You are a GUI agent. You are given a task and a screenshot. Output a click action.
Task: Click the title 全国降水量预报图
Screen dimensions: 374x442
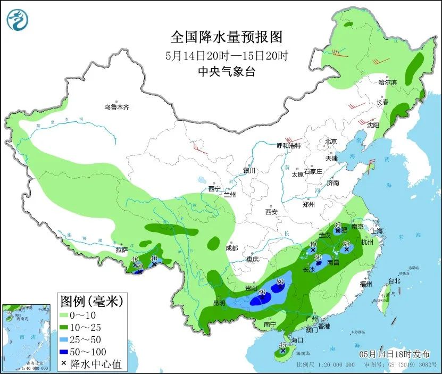pyautogui.click(x=226, y=37)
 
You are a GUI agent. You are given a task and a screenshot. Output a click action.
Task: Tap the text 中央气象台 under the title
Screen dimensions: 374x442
pyautogui.click(x=226, y=72)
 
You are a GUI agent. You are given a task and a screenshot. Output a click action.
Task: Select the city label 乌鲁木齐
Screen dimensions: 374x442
pyautogui.click(x=116, y=107)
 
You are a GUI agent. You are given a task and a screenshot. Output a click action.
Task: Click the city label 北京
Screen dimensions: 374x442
pyautogui.click(x=331, y=142)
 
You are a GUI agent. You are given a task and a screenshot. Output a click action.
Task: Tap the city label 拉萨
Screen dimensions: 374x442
pyautogui.click(x=122, y=250)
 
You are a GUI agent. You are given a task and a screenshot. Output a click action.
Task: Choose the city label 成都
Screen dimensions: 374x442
pyautogui.click(x=231, y=248)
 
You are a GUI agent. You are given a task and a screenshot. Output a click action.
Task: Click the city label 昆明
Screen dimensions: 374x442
pyautogui.click(x=219, y=303)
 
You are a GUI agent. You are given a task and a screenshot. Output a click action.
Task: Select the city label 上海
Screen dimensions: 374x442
pyautogui.click(x=377, y=231)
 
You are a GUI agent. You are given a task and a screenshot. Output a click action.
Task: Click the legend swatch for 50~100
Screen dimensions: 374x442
pyautogui.click(x=65, y=352)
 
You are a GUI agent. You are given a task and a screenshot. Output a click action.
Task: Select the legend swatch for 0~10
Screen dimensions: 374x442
pyautogui.click(x=65, y=315)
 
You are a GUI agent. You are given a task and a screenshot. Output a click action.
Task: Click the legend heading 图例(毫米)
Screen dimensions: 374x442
pyautogui.click(x=91, y=302)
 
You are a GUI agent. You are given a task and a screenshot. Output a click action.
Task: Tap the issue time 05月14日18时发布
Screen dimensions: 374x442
pyautogui.click(x=394, y=353)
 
